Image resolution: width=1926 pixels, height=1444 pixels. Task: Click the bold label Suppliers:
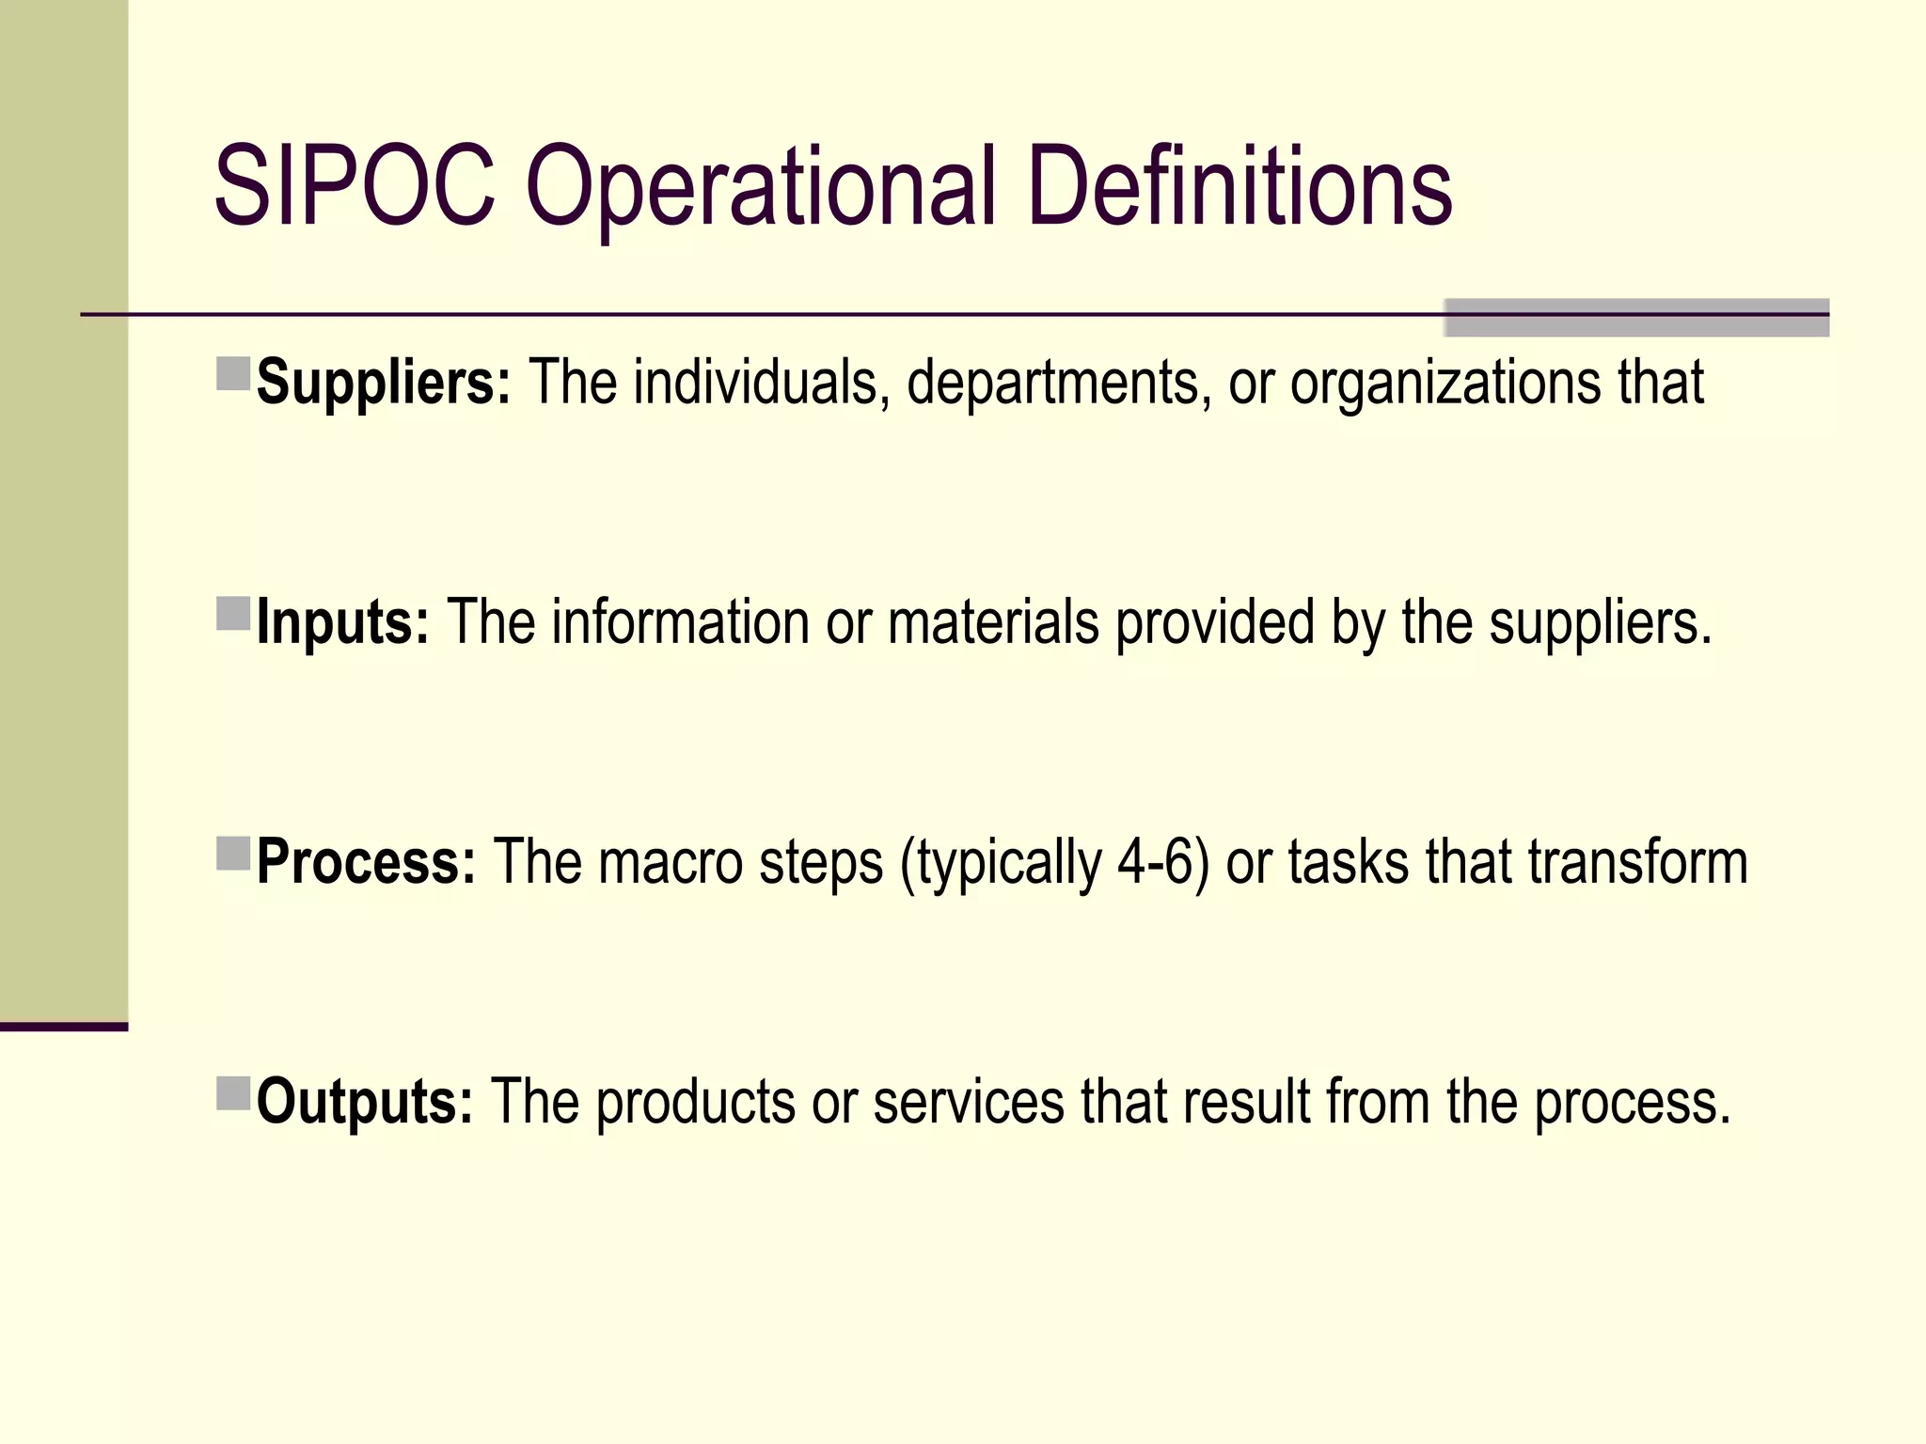pyautogui.click(x=384, y=383)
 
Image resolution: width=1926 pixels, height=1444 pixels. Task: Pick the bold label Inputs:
pyautogui.click(x=342, y=622)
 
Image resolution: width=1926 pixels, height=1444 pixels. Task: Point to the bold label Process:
pyautogui.click(x=367, y=861)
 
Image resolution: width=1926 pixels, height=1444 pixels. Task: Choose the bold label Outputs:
pyautogui.click(x=365, y=1101)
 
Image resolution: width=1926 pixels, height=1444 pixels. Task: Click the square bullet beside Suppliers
pyautogui.click(x=233, y=373)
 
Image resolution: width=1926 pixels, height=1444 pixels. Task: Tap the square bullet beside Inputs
pyautogui.click(x=233, y=613)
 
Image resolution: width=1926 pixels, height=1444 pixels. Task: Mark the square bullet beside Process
pyautogui.click(x=233, y=854)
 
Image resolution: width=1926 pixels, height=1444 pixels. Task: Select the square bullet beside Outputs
pyautogui.click(x=233, y=1093)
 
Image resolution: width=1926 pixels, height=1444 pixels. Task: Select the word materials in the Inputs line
pyautogui.click(x=993, y=622)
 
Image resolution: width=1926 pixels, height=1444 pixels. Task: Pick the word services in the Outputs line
pyautogui.click(x=969, y=1101)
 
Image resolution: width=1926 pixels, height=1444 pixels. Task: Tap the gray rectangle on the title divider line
pyautogui.click(x=1636, y=318)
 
